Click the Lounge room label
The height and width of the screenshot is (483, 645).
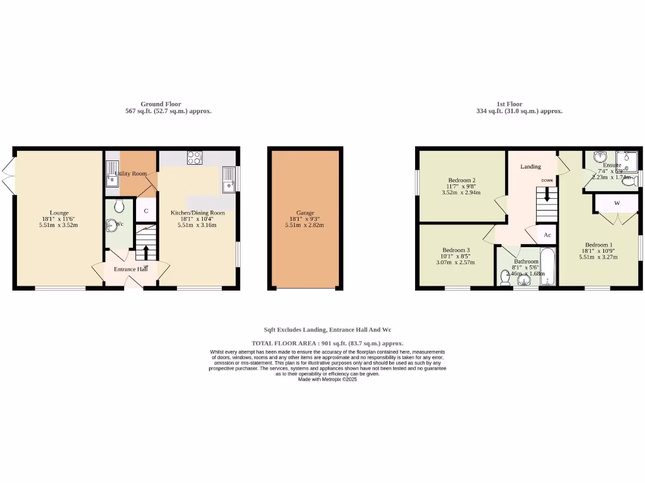point(60,213)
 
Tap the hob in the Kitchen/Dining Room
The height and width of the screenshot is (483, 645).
point(194,157)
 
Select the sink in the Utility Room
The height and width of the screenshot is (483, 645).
point(112,180)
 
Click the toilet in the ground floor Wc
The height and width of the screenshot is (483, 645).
point(120,206)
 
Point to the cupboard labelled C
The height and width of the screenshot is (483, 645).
point(146,211)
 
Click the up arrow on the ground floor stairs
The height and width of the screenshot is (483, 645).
point(146,252)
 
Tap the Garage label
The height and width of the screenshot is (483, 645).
point(305,213)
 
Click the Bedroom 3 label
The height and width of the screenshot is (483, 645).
point(455,250)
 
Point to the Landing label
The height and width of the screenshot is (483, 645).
point(530,167)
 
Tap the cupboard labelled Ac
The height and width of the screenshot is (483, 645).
point(547,235)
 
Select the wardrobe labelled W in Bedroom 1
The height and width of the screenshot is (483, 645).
point(617,203)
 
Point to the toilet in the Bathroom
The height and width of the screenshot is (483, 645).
point(505,277)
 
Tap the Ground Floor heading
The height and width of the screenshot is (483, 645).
point(161,104)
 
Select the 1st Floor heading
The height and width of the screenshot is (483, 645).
point(510,104)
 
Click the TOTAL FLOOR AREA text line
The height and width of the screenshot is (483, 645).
point(327,343)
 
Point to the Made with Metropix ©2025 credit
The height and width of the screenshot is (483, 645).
point(327,379)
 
